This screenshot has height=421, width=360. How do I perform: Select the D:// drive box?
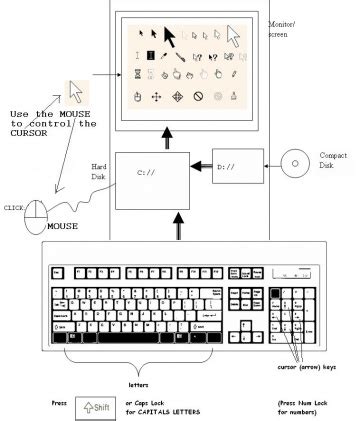(x=239, y=170)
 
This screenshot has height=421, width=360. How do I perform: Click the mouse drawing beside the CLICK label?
(x=37, y=214)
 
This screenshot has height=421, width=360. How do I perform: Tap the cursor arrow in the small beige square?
(x=76, y=93)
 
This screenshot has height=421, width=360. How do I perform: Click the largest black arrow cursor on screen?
(x=170, y=38)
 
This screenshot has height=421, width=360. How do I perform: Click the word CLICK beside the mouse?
(x=13, y=207)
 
